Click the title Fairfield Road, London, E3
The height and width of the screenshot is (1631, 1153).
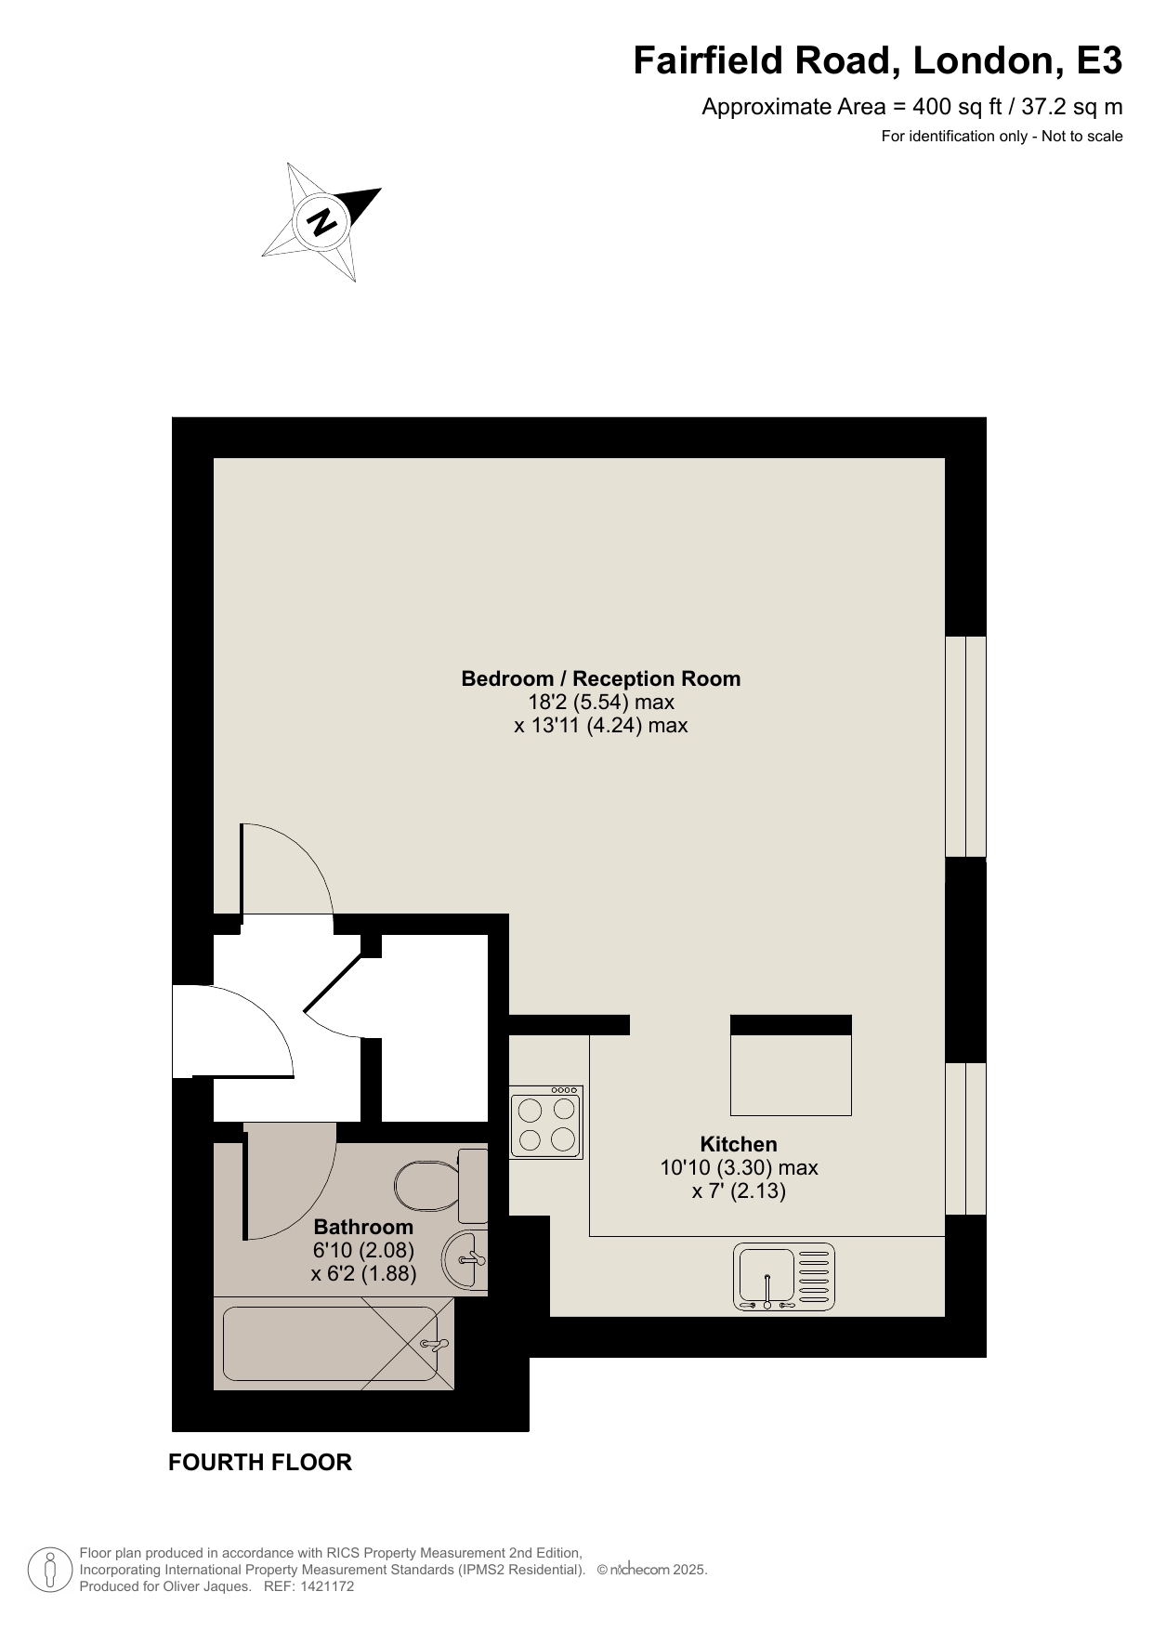coord(877,61)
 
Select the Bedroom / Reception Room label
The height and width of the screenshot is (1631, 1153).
coord(601,678)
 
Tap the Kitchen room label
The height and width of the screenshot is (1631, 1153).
coord(739,1144)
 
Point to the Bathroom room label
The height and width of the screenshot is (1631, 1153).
coord(363,1227)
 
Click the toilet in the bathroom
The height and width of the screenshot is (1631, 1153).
coord(441,1186)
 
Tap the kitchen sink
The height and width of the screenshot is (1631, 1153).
coord(784,1277)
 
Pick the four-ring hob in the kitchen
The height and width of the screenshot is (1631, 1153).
coord(546,1122)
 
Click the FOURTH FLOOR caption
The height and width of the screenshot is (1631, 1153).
coord(260,1462)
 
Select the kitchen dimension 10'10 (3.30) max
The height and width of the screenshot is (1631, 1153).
coord(739,1167)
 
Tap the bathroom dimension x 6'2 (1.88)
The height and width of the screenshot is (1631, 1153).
coord(363,1273)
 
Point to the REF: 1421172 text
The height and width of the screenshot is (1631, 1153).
coord(309,1586)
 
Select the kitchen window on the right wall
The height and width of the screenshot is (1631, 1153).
coord(965,1138)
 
